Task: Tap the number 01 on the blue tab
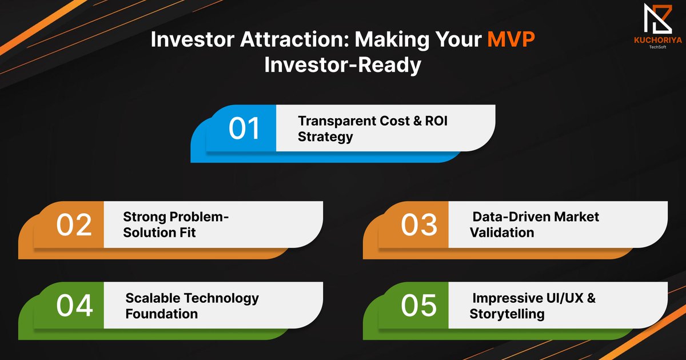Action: (245, 128)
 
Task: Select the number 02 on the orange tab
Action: (74, 225)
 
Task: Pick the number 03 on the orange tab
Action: (418, 225)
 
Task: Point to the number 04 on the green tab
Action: (74, 306)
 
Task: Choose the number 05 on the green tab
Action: (418, 306)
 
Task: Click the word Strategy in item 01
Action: (325, 137)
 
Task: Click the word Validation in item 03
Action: (502, 233)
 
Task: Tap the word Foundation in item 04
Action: (162, 314)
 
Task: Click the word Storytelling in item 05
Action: (507, 314)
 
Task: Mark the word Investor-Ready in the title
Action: (342, 65)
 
